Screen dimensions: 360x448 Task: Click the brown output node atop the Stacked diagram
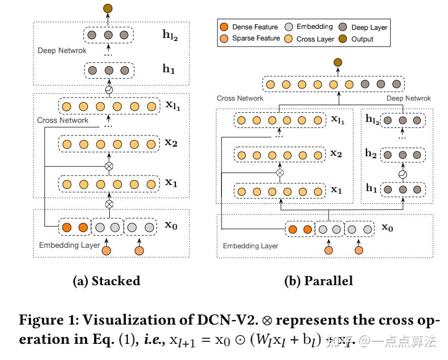point(107,8)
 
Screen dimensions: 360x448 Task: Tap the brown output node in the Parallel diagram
point(338,62)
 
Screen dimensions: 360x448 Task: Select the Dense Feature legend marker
point(225,27)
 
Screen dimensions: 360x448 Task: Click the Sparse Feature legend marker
point(225,38)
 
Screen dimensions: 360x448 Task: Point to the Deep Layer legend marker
point(342,27)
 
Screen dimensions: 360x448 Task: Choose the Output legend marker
point(342,38)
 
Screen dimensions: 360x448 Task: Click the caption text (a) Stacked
point(107,281)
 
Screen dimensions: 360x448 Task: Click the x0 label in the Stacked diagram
point(172,226)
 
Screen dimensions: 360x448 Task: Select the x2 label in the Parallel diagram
point(336,154)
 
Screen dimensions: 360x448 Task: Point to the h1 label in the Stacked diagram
point(169,69)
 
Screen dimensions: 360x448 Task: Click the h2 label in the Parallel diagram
point(371,154)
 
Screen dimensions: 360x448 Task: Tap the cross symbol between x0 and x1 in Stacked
point(107,204)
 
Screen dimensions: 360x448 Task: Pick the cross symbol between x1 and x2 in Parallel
point(280,172)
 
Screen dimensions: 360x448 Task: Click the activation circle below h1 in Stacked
point(107,90)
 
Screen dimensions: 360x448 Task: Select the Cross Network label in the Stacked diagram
point(63,120)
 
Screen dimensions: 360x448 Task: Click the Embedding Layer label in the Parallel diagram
point(250,246)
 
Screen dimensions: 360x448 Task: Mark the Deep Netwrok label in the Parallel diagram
point(409,99)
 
